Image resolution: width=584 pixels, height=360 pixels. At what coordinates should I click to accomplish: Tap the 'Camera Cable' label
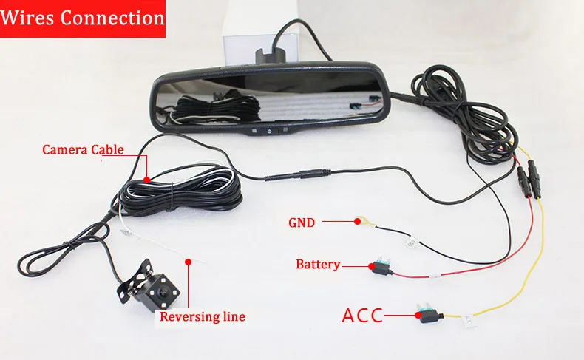[83, 150]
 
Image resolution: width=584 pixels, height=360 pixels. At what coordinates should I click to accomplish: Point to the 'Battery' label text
[318, 264]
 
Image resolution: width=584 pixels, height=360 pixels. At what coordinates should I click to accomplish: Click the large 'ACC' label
[362, 316]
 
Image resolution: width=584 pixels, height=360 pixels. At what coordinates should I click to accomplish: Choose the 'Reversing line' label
[203, 317]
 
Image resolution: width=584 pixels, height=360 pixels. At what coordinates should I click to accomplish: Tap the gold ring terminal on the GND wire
[361, 220]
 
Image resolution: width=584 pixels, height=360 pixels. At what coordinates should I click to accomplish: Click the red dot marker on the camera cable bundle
[148, 179]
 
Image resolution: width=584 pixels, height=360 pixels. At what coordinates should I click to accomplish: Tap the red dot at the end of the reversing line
[190, 260]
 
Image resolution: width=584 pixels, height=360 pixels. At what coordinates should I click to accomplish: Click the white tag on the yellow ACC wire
[466, 319]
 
